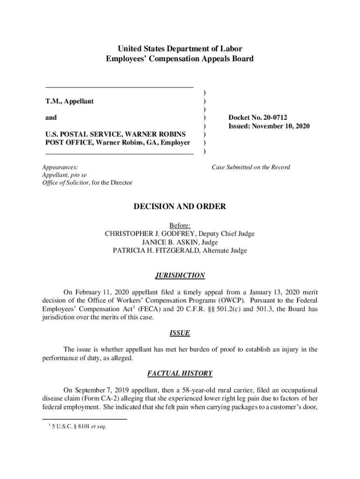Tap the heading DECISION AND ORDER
coord(180,206)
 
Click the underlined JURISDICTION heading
coord(180,276)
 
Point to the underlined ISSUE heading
coord(180,333)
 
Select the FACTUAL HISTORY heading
coord(180,373)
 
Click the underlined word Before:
coord(180,225)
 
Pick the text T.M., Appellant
coord(69,101)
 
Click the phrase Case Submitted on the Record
coord(251,167)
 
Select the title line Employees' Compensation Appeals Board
coord(180,59)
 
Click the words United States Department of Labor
coord(180,49)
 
